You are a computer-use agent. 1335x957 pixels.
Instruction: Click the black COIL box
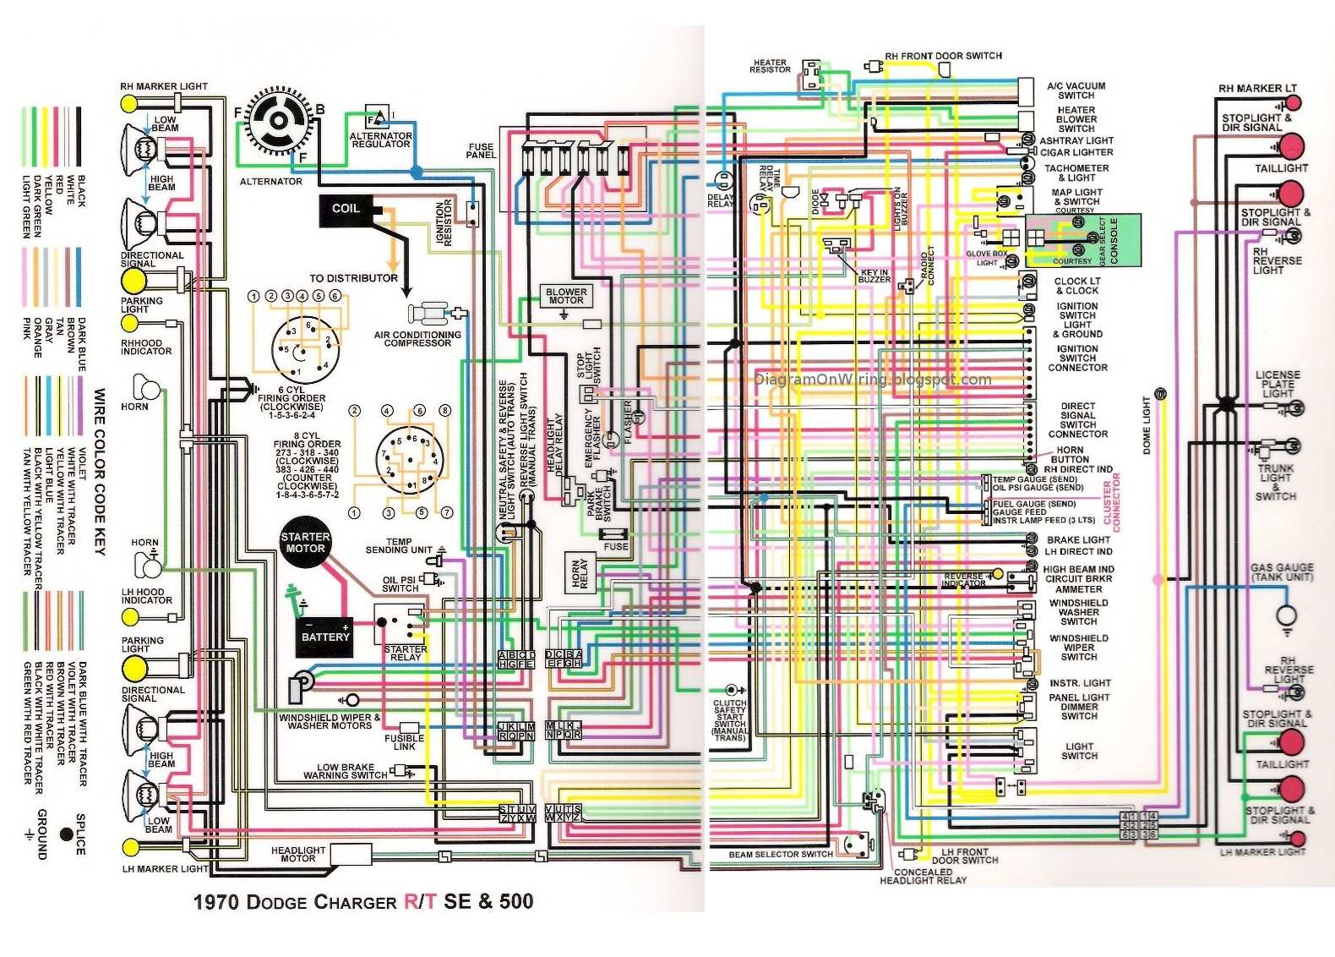point(346,210)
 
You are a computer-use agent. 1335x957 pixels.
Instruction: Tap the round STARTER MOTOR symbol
point(305,543)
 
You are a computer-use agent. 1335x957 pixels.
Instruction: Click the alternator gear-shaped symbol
point(278,121)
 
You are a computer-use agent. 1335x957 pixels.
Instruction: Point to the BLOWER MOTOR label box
point(566,296)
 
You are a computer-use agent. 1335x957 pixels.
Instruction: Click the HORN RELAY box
point(579,572)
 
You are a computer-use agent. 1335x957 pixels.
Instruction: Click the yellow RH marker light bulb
point(129,103)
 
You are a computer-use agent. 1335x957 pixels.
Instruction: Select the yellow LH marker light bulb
point(130,847)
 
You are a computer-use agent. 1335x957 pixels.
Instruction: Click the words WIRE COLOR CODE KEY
point(100,472)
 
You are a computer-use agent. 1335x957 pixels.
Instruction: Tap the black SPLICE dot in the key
point(67,834)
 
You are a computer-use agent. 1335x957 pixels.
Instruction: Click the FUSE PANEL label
point(481,151)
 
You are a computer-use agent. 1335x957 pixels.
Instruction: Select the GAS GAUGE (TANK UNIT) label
point(1282,572)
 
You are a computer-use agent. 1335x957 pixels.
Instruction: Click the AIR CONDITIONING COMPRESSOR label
point(417,339)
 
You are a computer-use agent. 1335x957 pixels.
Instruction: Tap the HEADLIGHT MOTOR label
point(298,855)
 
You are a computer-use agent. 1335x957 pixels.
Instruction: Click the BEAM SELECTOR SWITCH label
point(781,855)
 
